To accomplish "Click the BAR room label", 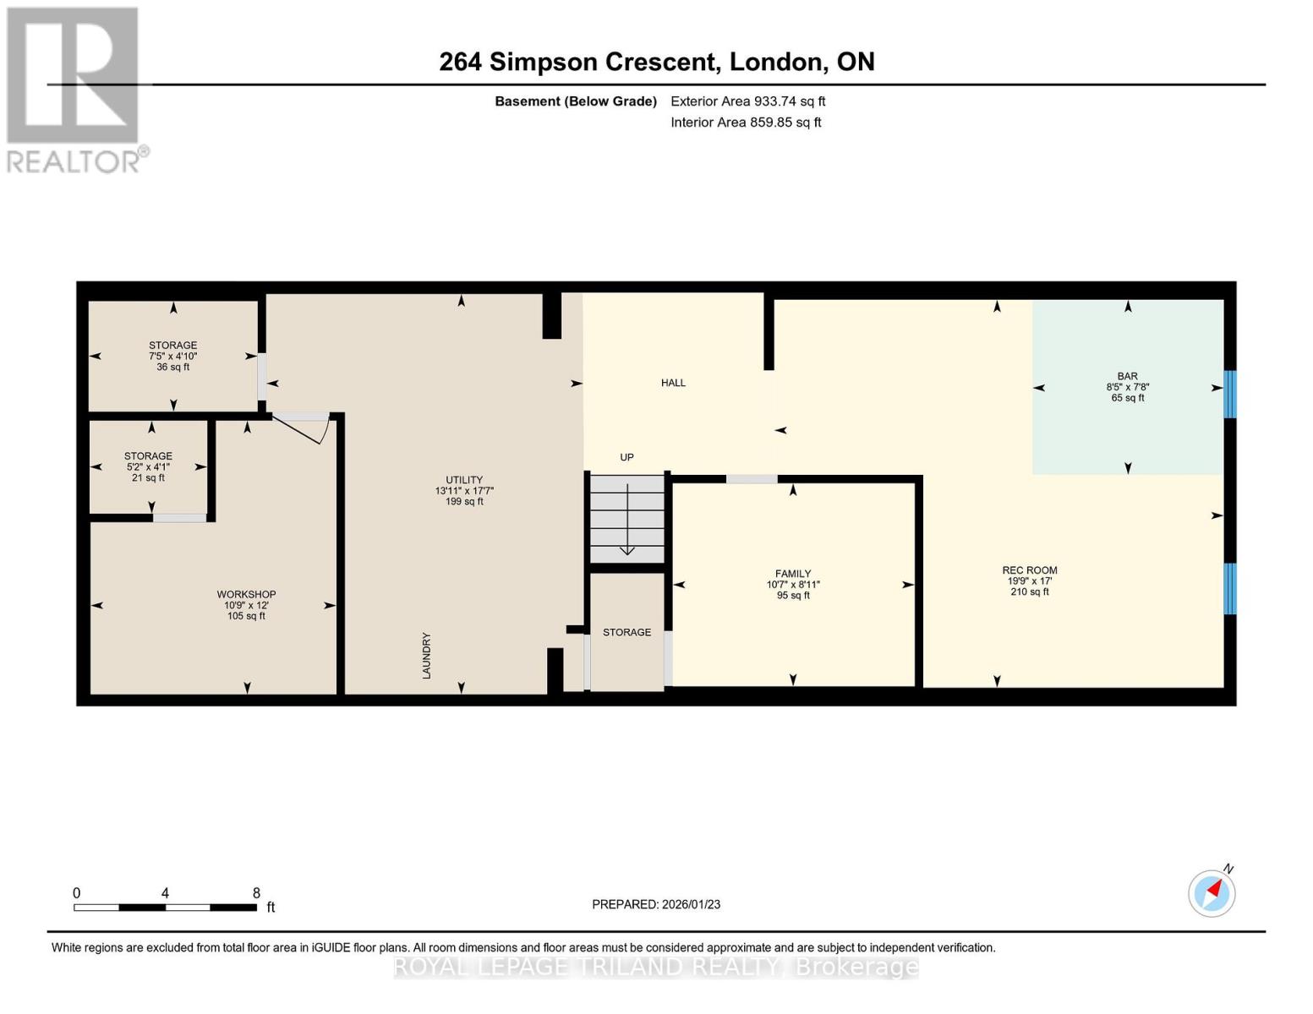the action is tap(1128, 376).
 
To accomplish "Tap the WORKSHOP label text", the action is tap(247, 594).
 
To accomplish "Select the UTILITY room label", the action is tap(464, 480).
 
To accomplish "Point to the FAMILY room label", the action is tap(793, 574).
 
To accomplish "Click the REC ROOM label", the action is tap(1030, 570).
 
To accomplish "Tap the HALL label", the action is tap(673, 383).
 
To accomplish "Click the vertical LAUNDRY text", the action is tap(427, 656).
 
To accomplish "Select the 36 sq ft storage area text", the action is tap(172, 368).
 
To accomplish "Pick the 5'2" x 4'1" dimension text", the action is tap(148, 466).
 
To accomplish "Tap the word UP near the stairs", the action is tap(626, 457).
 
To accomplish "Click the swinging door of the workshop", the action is tap(301, 429).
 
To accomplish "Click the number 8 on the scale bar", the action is tap(256, 892).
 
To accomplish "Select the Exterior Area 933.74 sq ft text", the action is tap(747, 101).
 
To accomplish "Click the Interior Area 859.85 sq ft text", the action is tap(746, 123).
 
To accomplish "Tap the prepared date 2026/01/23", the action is tap(692, 904).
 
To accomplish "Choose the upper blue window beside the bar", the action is tap(1229, 394).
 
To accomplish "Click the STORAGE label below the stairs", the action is tap(626, 632).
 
